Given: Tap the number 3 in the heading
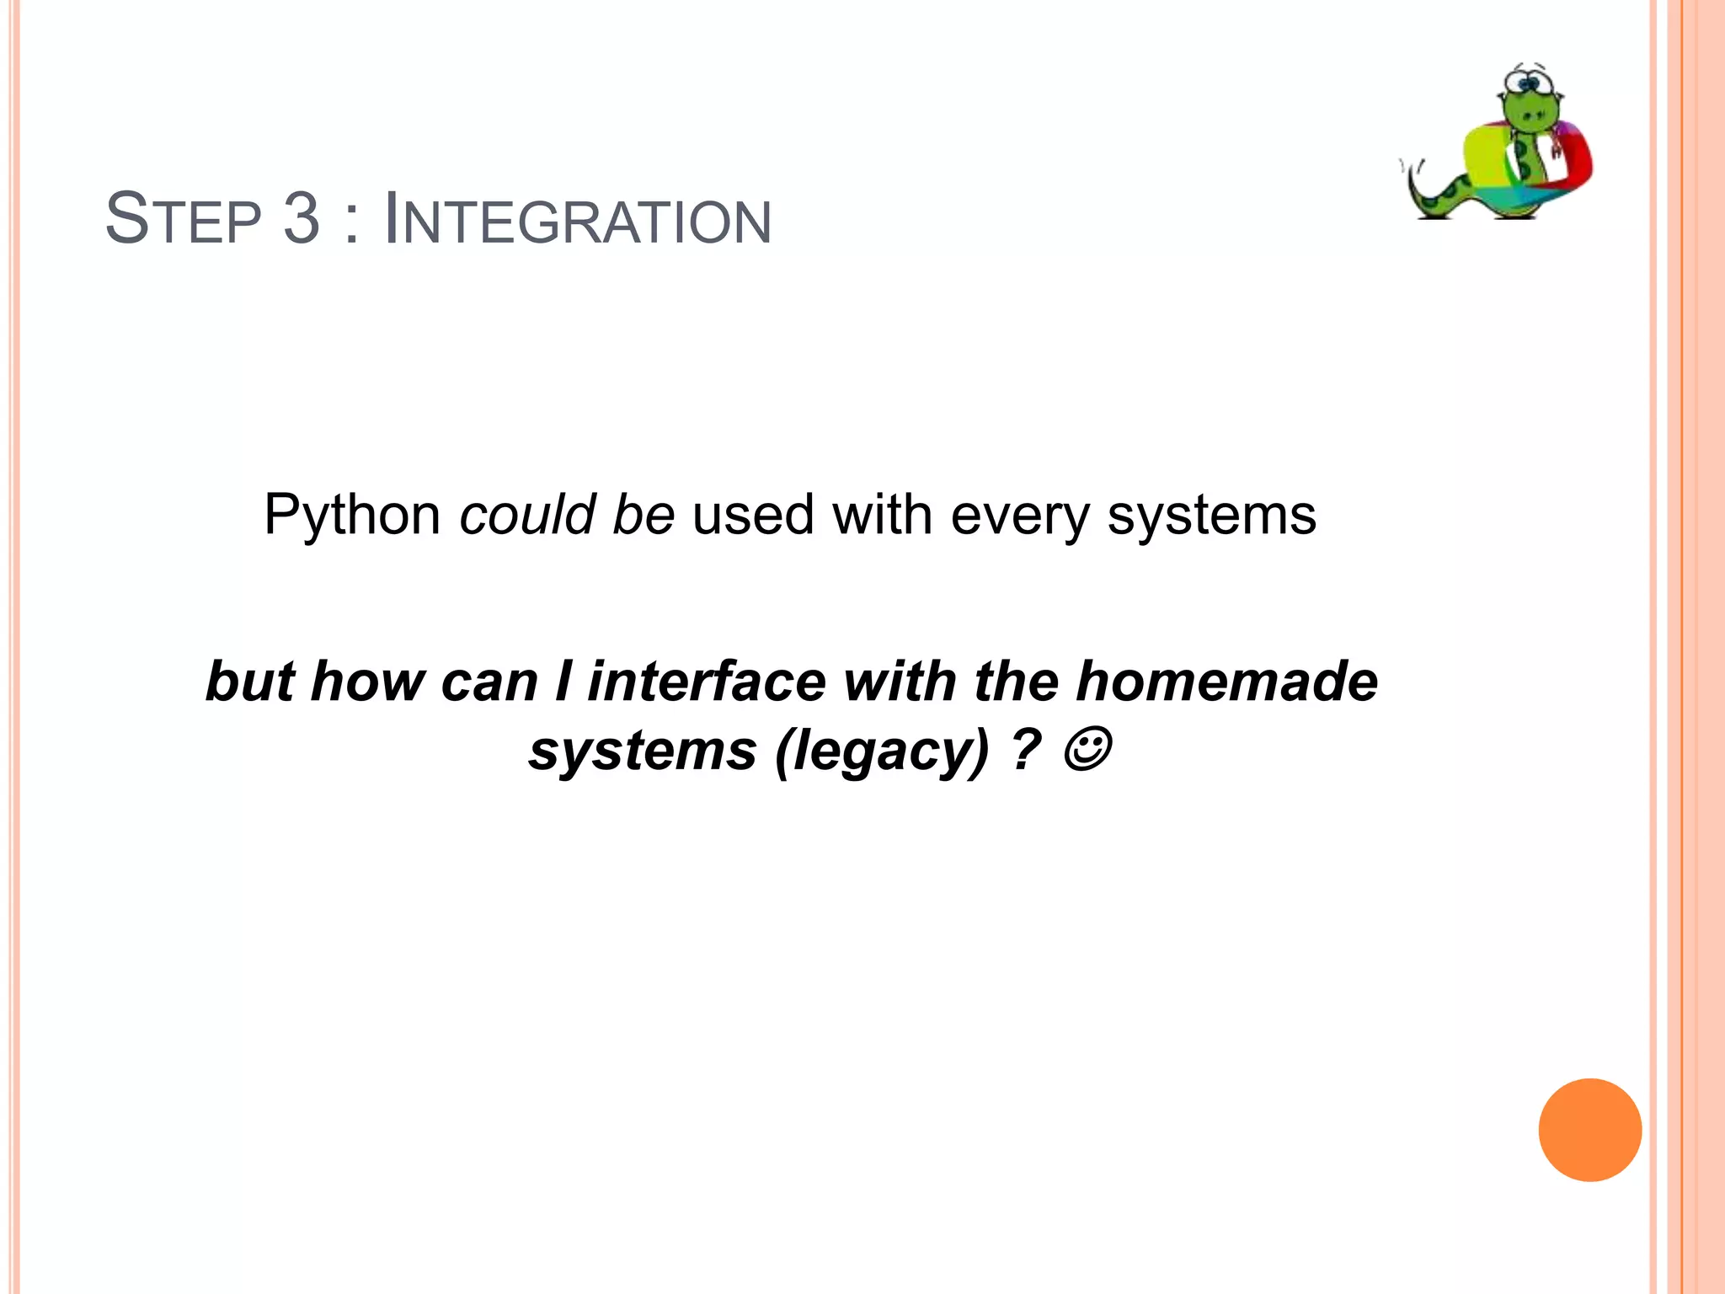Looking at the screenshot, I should [x=302, y=220].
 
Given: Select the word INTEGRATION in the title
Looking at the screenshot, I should [x=577, y=220].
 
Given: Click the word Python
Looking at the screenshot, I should [x=352, y=515].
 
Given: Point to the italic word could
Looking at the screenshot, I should [x=527, y=515].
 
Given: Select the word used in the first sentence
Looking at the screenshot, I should [x=753, y=515].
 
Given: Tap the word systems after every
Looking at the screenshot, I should [x=1211, y=515].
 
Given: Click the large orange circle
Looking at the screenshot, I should [x=1589, y=1130].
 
